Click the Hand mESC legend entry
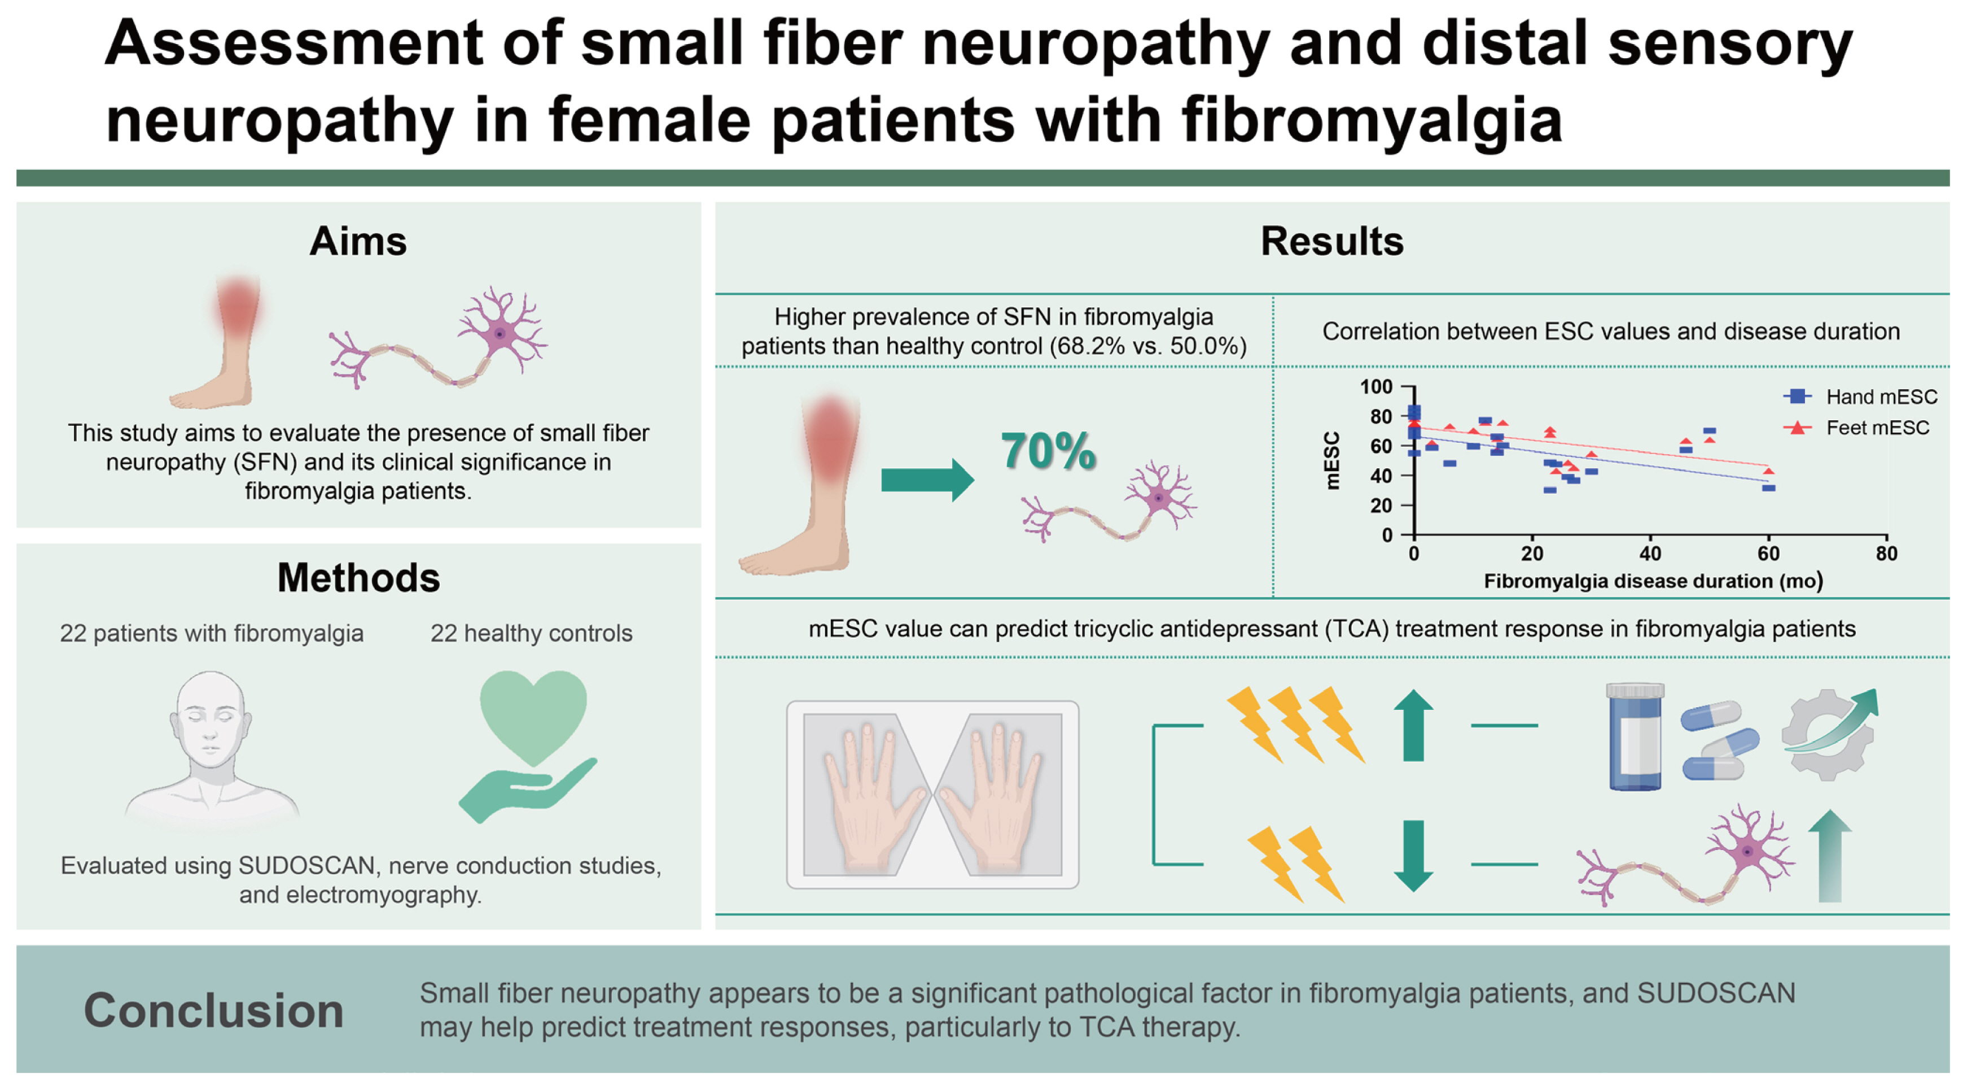[x=1880, y=396]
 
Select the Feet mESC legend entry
[x=1877, y=428]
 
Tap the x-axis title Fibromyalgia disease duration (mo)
[x=1653, y=581]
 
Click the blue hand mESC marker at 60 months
[x=1768, y=487]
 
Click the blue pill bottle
[x=1635, y=736]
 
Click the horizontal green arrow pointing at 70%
[x=927, y=479]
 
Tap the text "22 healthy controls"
[x=532, y=633]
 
